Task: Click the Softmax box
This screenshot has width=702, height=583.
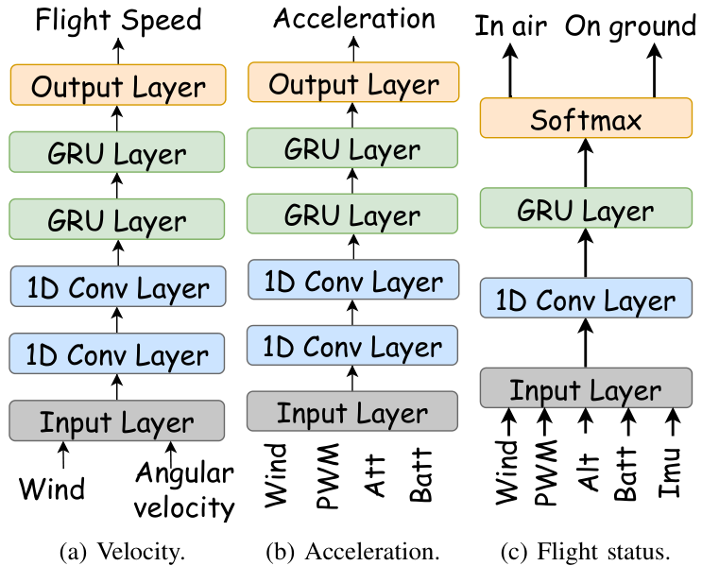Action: tap(586, 120)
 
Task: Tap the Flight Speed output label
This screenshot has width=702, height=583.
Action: tap(118, 19)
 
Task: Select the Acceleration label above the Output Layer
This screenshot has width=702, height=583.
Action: tap(353, 19)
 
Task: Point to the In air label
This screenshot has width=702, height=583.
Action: tap(510, 26)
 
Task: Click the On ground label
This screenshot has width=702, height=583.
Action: tap(631, 26)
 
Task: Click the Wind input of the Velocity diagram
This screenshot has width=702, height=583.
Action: tap(52, 489)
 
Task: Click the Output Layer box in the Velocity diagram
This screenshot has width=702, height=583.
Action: tap(118, 87)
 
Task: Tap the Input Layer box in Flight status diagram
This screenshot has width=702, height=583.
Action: tap(586, 389)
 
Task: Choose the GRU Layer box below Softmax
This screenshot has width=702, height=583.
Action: tap(586, 211)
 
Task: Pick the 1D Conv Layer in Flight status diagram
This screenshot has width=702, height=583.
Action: tap(586, 301)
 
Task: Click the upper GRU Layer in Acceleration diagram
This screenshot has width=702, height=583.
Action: tap(352, 149)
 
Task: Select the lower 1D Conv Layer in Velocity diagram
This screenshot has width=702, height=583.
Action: tap(118, 354)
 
